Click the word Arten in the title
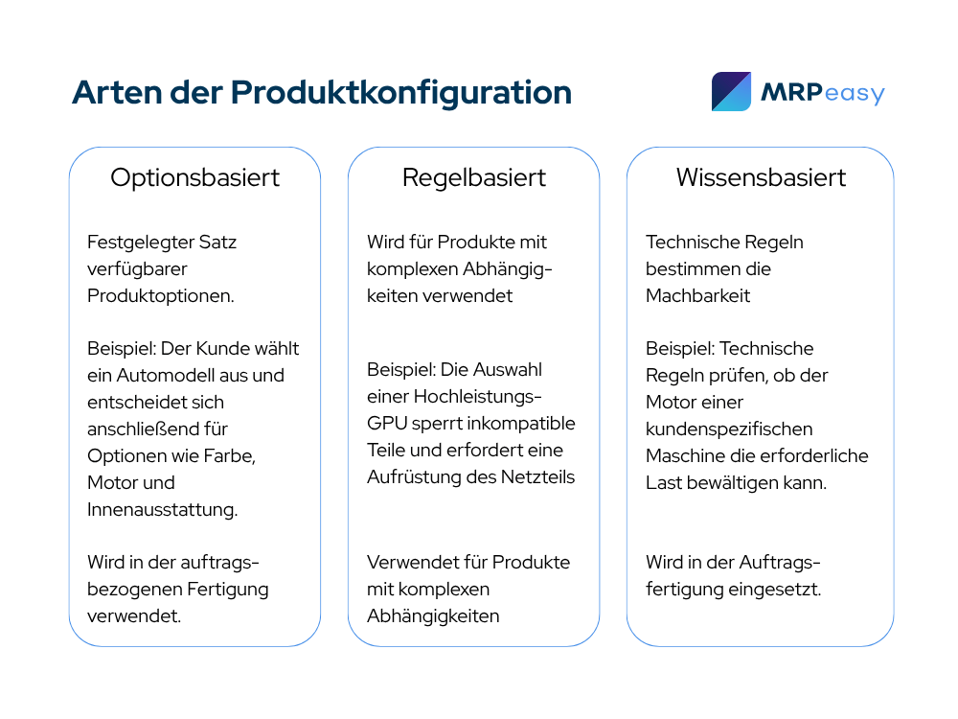coord(116,92)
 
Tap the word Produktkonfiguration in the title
coord(400,93)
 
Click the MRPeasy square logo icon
coord(731,92)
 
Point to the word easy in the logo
coord(855,94)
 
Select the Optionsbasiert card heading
coord(194,178)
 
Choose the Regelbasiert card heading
coord(473,178)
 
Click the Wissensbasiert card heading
coord(761,178)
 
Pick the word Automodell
coord(166,376)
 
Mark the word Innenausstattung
coord(163,510)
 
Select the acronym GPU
coord(387,423)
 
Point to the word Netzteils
coord(537,476)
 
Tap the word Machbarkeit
coord(697,296)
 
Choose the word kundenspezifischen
coord(729,429)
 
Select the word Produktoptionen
coord(161,296)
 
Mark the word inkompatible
coord(523,423)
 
